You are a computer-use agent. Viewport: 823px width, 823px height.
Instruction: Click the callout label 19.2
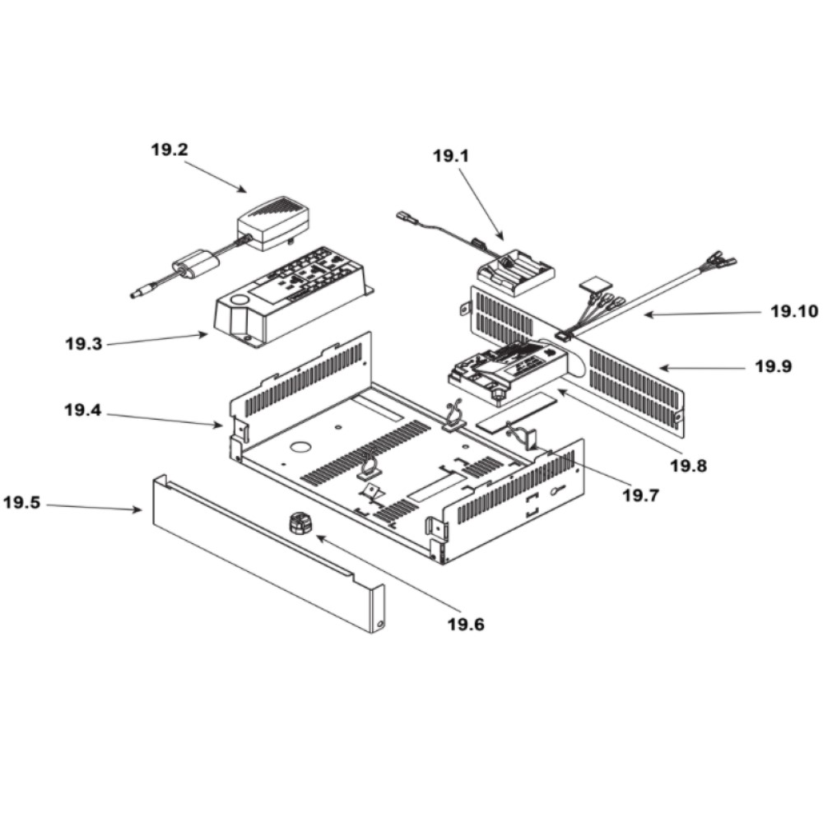(169, 150)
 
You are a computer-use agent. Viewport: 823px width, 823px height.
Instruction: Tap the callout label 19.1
(450, 156)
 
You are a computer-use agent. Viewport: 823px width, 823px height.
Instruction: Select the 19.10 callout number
(793, 311)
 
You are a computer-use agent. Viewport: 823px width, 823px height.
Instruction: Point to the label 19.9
(774, 366)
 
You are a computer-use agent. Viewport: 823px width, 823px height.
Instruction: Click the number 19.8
(688, 465)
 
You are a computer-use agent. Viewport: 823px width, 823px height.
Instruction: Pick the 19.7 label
(639, 495)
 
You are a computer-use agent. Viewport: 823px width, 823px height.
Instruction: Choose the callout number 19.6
(466, 624)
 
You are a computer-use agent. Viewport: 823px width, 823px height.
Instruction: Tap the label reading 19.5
(21, 502)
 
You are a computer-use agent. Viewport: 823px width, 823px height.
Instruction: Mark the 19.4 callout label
(83, 409)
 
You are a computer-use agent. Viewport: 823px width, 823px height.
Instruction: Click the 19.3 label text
(83, 344)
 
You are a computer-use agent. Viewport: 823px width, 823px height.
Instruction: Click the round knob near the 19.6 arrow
(300, 525)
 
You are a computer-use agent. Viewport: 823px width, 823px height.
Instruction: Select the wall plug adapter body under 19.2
(273, 223)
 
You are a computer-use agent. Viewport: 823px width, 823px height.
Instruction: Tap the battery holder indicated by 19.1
(515, 272)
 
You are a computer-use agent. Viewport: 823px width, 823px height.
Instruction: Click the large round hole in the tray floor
(300, 447)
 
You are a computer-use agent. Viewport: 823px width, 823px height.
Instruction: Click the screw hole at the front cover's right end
(379, 625)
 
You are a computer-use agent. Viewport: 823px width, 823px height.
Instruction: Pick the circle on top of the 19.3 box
(241, 300)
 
